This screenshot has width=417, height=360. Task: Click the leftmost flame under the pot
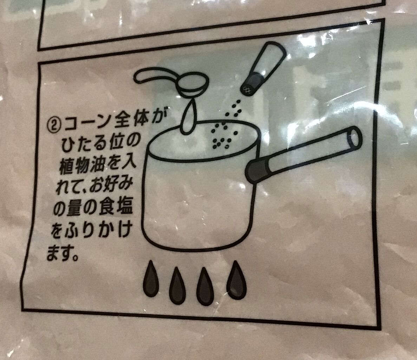pyautogui.click(x=151, y=279)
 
